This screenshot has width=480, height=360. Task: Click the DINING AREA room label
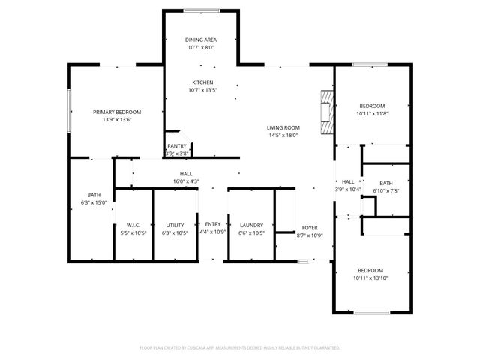pyautogui.click(x=202, y=40)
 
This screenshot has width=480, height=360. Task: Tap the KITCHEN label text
pyautogui.click(x=202, y=82)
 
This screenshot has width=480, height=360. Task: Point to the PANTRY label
pyautogui.click(x=177, y=146)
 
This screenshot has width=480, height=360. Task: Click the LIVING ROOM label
pyautogui.click(x=283, y=127)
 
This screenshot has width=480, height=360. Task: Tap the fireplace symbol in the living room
pyautogui.click(x=325, y=112)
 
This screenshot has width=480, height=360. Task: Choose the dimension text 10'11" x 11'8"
pyautogui.click(x=372, y=114)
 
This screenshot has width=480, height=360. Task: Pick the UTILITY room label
pyautogui.click(x=175, y=225)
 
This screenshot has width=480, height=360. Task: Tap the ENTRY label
pyautogui.click(x=213, y=225)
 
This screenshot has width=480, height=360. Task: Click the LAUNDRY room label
pyautogui.click(x=251, y=225)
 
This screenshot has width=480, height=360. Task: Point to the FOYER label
pyautogui.click(x=310, y=227)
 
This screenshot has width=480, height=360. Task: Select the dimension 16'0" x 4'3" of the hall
pyautogui.click(x=185, y=181)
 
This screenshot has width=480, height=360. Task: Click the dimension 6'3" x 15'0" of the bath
pyautogui.click(x=94, y=202)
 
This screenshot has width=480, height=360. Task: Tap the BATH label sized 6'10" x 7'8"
pyautogui.click(x=385, y=184)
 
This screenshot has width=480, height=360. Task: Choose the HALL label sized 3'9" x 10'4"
pyautogui.click(x=348, y=181)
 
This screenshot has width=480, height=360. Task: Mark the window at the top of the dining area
pyautogui.click(x=202, y=10)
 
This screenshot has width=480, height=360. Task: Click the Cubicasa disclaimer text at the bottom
pyautogui.click(x=240, y=347)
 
